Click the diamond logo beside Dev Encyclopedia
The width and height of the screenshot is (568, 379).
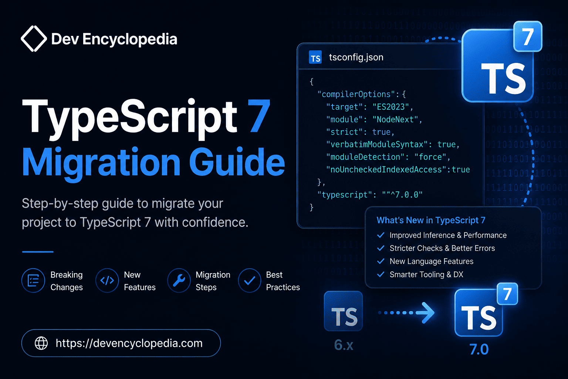coord(34,38)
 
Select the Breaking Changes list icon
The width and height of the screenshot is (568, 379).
coord(33,281)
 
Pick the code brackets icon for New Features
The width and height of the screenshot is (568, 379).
coord(107,281)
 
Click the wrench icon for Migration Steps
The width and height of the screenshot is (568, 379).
coord(179,281)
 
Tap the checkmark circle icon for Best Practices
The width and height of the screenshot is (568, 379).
coord(250,281)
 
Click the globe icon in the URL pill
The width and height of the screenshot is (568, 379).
coord(41,343)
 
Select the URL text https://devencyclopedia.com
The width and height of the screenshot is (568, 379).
coord(129,343)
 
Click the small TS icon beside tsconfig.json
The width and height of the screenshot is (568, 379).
coord(315,57)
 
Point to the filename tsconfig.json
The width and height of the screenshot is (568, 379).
coord(356,57)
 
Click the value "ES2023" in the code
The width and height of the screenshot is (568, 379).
coord(390,107)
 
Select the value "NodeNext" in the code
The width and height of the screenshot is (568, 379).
coord(395,119)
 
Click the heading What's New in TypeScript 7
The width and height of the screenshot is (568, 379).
coord(431,220)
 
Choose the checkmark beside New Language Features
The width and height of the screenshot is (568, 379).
coord(381,261)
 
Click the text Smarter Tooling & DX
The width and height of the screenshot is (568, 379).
coord(426,274)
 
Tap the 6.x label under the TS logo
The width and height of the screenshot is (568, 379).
coord(344,345)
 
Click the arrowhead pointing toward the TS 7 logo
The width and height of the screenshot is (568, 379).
coord(428,313)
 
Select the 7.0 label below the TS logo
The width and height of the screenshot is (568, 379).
coord(479,349)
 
